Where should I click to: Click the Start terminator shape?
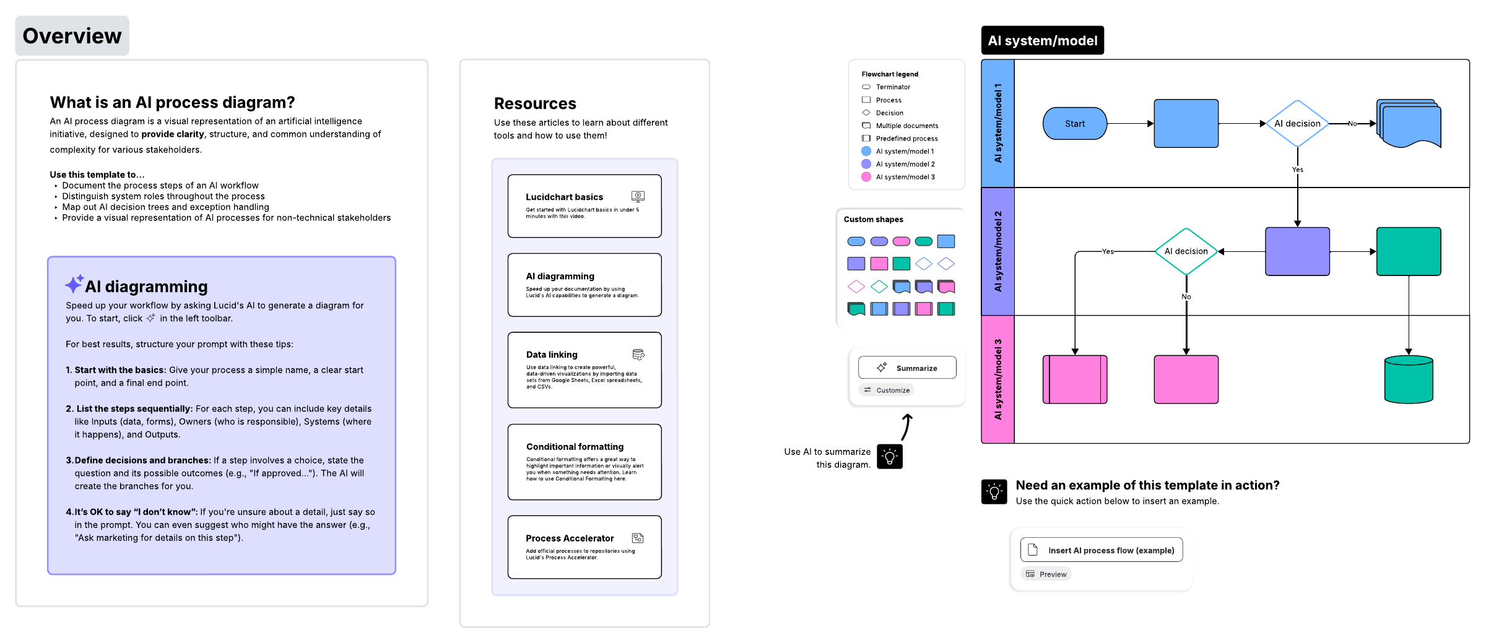[1075, 124]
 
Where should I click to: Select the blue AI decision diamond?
[1297, 124]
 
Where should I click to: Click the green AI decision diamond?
[1186, 251]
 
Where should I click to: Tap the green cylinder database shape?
[1409, 379]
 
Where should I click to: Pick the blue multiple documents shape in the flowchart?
[1409, 123]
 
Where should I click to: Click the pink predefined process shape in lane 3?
[1075, 379]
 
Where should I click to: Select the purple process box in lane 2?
[1297, 251]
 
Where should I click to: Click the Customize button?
[887, 390]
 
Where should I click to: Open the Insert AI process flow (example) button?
[1101, 550]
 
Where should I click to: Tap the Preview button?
[1046, 574]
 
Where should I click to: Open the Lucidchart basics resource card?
[584, 206]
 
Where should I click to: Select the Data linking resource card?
[584, 370]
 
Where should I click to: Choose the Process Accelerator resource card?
[584, 547]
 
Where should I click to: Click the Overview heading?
[72, 36]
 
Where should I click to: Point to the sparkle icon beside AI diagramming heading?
[74, 284]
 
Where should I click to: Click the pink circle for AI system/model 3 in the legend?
[866, 177]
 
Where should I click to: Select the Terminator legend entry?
[886, 87]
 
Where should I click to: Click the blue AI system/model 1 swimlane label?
[998, 123]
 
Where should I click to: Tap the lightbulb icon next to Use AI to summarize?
[890, 457]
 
